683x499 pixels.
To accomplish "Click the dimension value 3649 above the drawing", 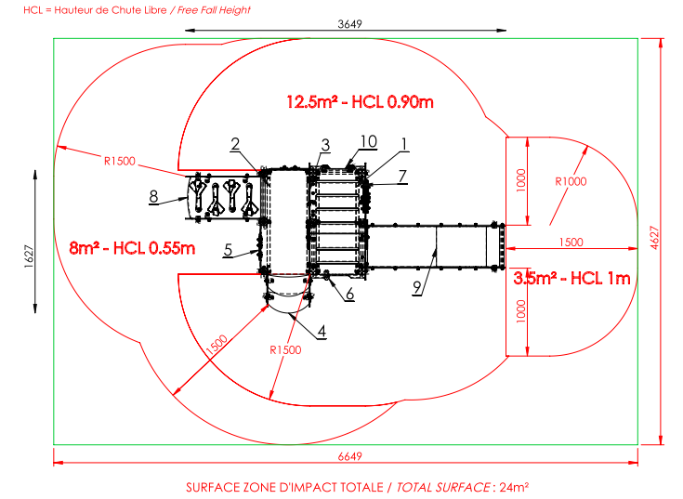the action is pyautogui.click(x=349, y=24).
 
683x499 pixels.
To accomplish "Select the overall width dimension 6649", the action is pyautogui.click(x=349, y=456).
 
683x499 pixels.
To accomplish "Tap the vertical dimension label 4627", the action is pyautogui.click(x=654, y=238).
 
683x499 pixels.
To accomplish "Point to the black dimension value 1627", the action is pyautogui.click(x=29, y=256).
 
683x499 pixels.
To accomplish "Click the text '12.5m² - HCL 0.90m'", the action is pyautogui.click(x=360, y=102).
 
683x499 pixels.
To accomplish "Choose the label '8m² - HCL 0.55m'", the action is pyautogui.click(x=132, y=248).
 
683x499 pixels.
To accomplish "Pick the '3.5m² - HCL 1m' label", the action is pyautogui.click(x=571, y=278).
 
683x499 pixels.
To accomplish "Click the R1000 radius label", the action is pyautogui.click(x=571, y=181).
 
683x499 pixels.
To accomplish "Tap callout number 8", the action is pyautogui.click(x=153, y=196).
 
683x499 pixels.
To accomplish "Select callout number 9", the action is pyautogui.click(x=417, y=287).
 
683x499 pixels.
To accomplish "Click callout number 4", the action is pyautogui.click(x=322, y=332).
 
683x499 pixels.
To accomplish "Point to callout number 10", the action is pyautogui.click(x=369, y=141).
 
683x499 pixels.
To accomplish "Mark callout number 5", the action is pyautogui.click(x=228, y=250).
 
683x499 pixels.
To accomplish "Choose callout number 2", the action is pyautogui.click(x=235, y=144).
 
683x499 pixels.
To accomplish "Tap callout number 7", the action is pyautogui.click(x=402, y=177).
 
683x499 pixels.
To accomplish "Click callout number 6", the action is pyautogui.click(x=349, y=295).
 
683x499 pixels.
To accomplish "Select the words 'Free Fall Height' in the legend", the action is pyautogui.click(x=214, y=10).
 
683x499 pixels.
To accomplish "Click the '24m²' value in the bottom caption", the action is pyautogui.click(x=514, y=487).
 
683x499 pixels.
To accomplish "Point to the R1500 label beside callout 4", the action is pyautogui.click(x=285, y=349).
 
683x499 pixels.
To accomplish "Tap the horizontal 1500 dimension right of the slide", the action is pyautogui.click(x=571, y=243).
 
